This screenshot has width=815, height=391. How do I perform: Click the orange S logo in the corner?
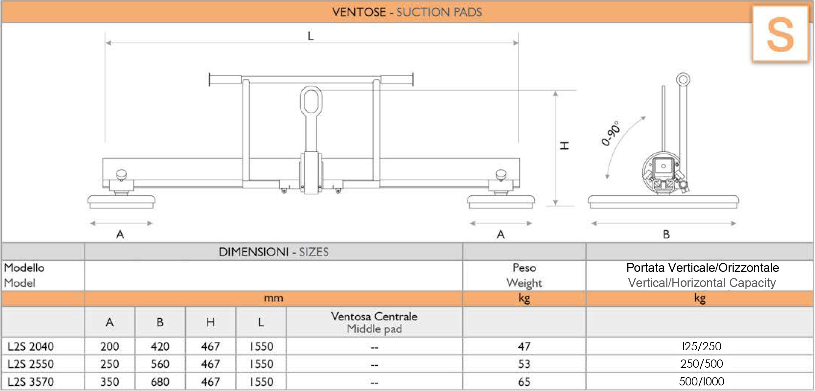pos(780,34)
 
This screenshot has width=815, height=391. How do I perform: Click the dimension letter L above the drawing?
pos(311,36)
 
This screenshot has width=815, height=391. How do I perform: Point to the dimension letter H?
pos(564,145)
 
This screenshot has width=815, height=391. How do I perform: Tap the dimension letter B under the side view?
pos(666,234)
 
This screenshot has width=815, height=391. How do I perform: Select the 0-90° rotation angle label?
pos(611,133)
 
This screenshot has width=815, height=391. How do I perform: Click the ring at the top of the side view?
pos(683,79)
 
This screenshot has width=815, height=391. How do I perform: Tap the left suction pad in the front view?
pos(121,202)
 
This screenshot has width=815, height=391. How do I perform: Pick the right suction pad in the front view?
pos(501,202)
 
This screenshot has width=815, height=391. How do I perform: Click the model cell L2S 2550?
pos(31,364)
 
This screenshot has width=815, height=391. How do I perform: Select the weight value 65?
pos(524,381)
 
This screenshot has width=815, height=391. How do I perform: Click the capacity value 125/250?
pos(702,346)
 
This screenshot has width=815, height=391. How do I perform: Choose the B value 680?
pos(160,381)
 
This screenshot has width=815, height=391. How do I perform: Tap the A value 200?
pos(110,346)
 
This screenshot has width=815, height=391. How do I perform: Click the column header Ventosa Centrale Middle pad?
pos(374,322)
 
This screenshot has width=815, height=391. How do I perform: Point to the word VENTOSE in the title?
pos(359,12)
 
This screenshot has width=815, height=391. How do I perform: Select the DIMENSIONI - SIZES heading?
pos(274,252)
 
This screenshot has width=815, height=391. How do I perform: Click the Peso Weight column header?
pos(524,275)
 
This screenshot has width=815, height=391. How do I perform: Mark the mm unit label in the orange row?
pos(273,298)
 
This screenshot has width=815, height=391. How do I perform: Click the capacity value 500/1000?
pos(702,381)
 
